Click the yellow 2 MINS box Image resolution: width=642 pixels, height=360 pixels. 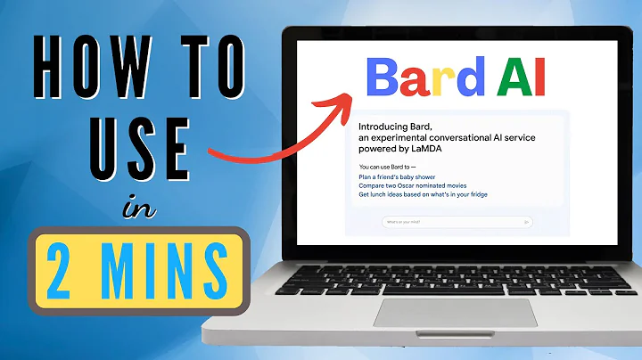coord(137,267)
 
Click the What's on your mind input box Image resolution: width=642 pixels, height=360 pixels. coord(456,221)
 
